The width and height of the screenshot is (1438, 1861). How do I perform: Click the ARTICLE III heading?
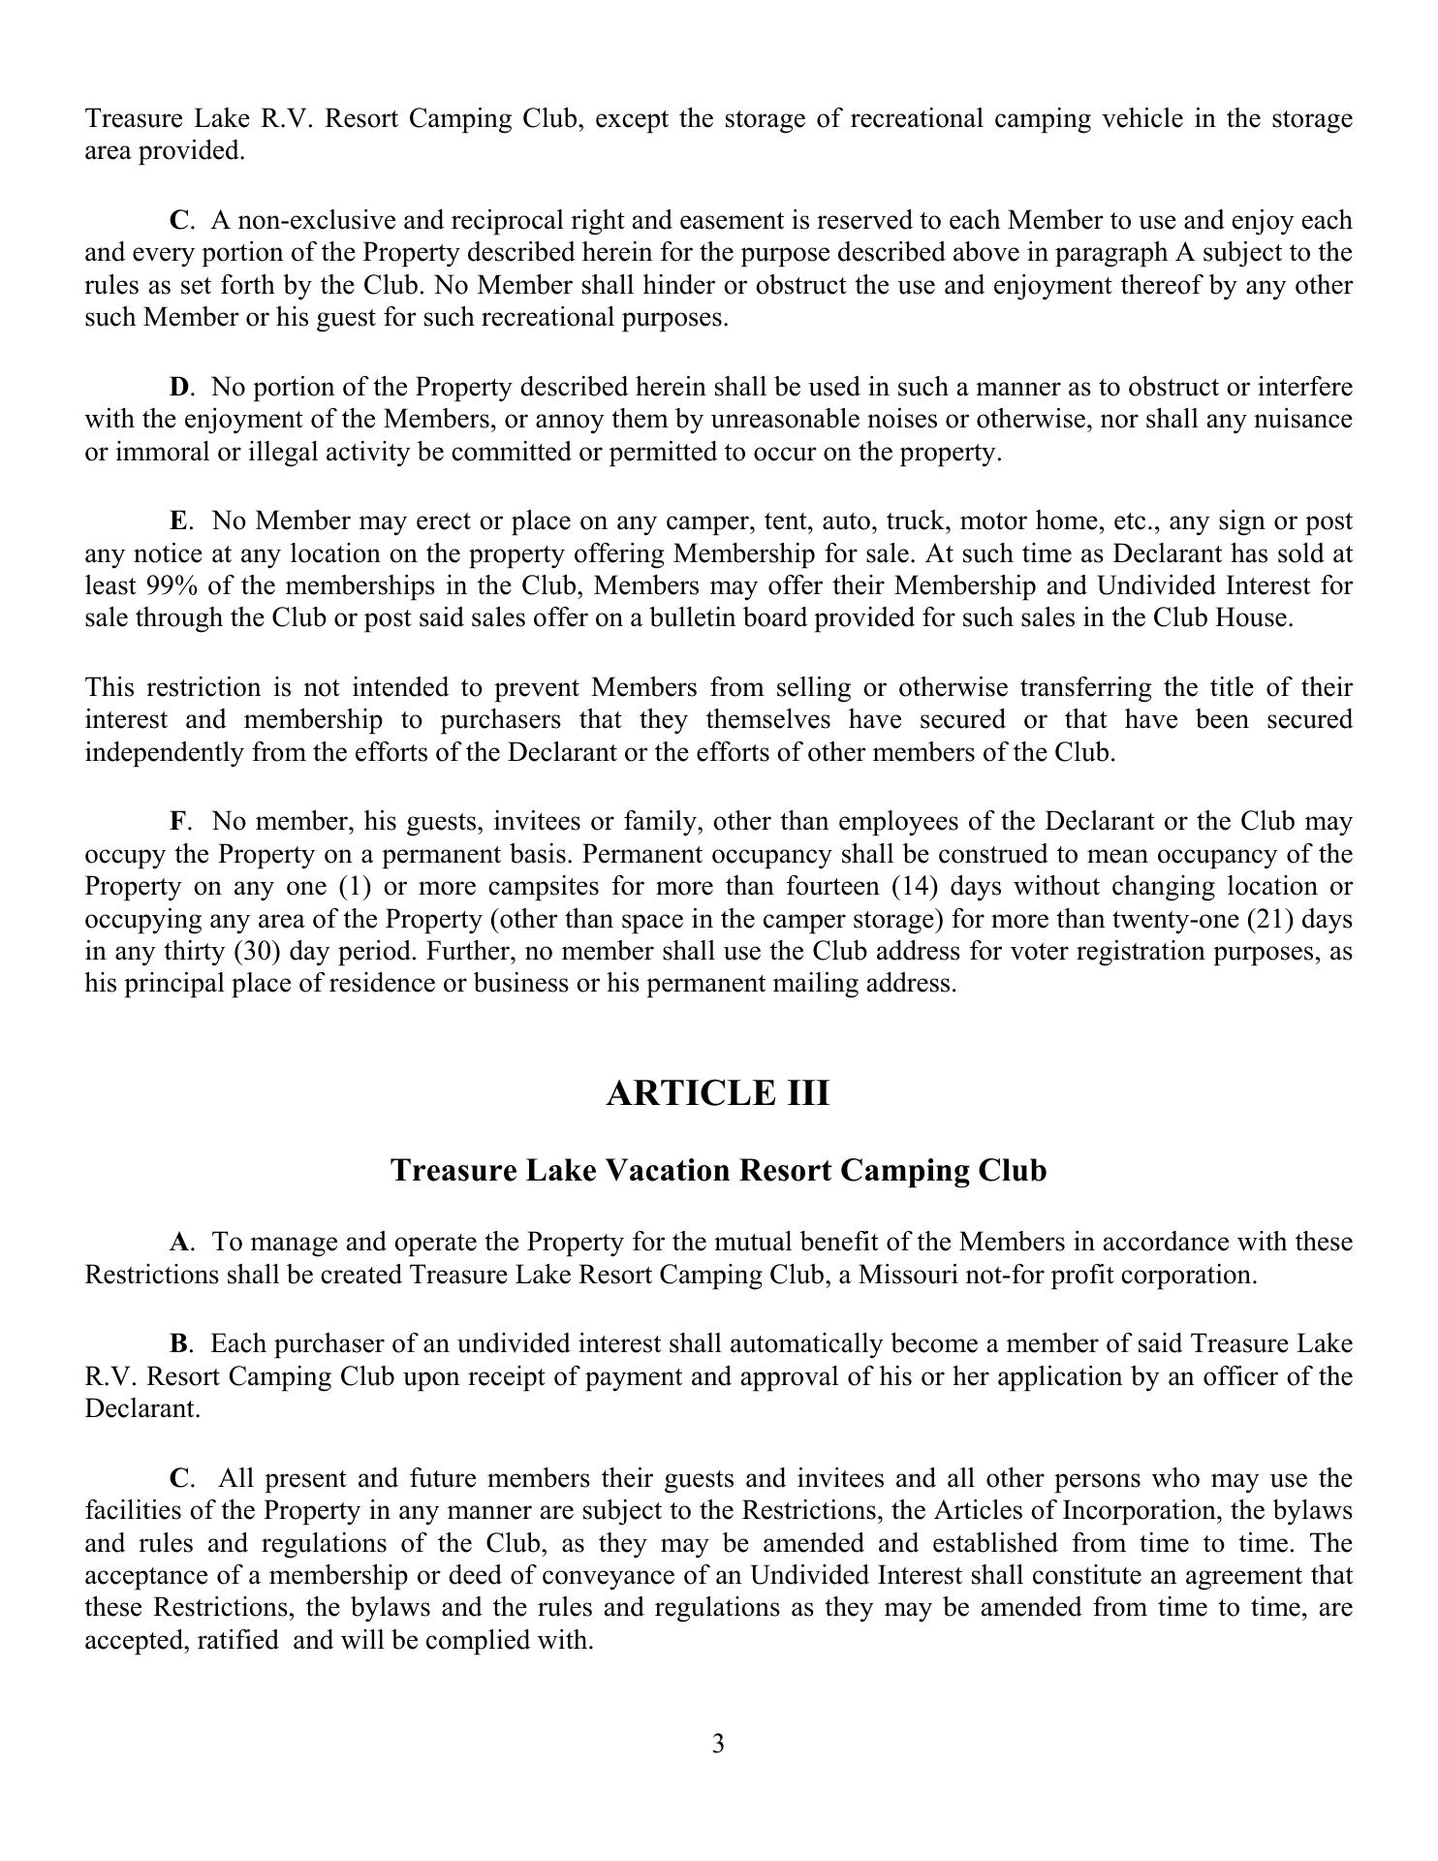(x=718, y=1093)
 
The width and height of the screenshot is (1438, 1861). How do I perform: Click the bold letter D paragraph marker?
(x=179, y=388)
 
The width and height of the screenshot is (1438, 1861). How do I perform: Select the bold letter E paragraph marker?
(x=179, y=521)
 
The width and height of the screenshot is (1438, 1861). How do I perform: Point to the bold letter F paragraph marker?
(x=178, y=822)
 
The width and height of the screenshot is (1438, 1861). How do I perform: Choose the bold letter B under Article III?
(x=179, y=1344)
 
